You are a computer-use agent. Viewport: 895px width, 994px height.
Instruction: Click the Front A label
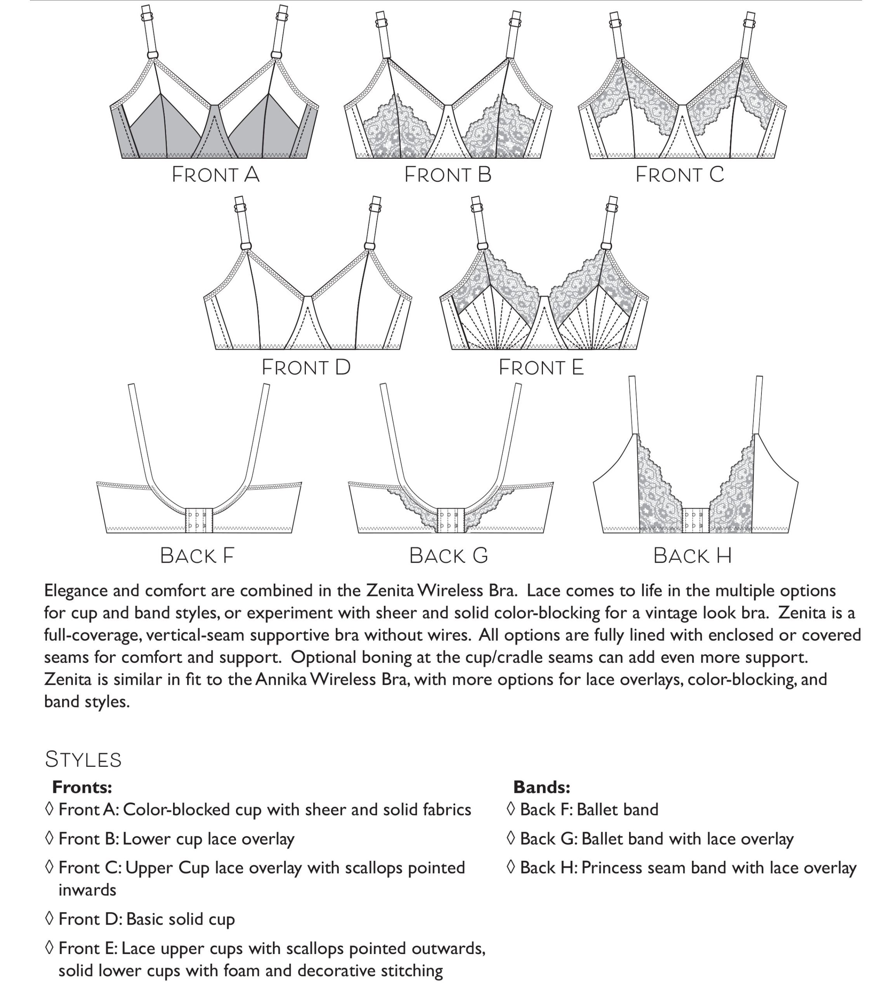(215, 175)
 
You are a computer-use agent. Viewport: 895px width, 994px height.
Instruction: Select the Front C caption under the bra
(679, 175)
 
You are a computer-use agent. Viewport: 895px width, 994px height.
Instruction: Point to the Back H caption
(692, 556)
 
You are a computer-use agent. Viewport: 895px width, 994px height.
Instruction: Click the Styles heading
(83, 759)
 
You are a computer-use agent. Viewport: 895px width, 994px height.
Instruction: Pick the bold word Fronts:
(82, 787)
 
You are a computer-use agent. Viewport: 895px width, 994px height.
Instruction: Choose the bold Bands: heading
(541, 787)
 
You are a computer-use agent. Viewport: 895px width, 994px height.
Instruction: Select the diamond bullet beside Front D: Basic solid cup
(49, 918)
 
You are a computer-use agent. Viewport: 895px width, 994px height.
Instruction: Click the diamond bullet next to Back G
(510, 838)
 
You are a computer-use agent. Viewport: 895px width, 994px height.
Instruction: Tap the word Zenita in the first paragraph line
(390, 590)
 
